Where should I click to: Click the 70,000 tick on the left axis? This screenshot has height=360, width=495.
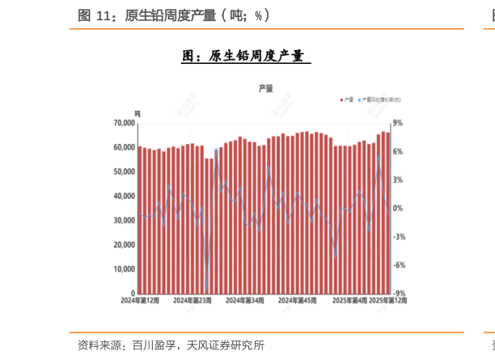tap(124, 123)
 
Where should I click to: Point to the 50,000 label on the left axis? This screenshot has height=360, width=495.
tap(124, 172)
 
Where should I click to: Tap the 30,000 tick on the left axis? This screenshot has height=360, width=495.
tap(124, 220)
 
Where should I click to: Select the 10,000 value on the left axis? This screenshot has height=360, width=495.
tap(124, 269)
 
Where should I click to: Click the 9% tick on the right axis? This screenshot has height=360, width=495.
tap(397, 123)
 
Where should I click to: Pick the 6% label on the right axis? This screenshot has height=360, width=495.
tap(397, 151)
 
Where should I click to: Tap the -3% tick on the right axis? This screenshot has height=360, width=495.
tap(399, 237)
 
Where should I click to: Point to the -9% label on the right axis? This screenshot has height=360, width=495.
tap(399, 294)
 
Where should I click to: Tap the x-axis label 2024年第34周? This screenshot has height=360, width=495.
tap(244, 300)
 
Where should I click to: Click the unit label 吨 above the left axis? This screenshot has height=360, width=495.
tap(137, 112)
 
